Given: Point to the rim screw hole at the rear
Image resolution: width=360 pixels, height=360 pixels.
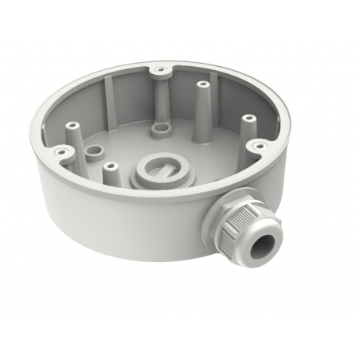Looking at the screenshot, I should click(x=162, y=70).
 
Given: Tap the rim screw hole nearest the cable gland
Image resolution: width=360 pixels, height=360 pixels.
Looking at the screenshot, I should click(x=259, y=145).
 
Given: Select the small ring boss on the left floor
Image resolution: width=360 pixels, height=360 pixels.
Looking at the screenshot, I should click(x=95, y=151).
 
